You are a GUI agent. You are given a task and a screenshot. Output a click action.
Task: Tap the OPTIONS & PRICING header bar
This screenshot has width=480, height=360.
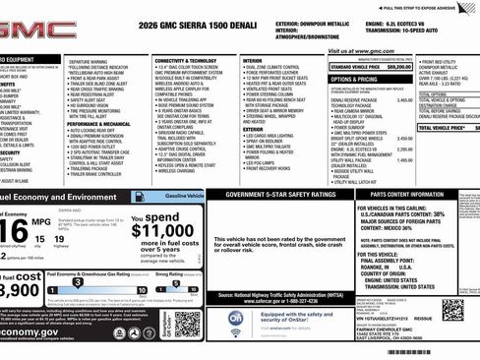[x=355, y=79]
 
